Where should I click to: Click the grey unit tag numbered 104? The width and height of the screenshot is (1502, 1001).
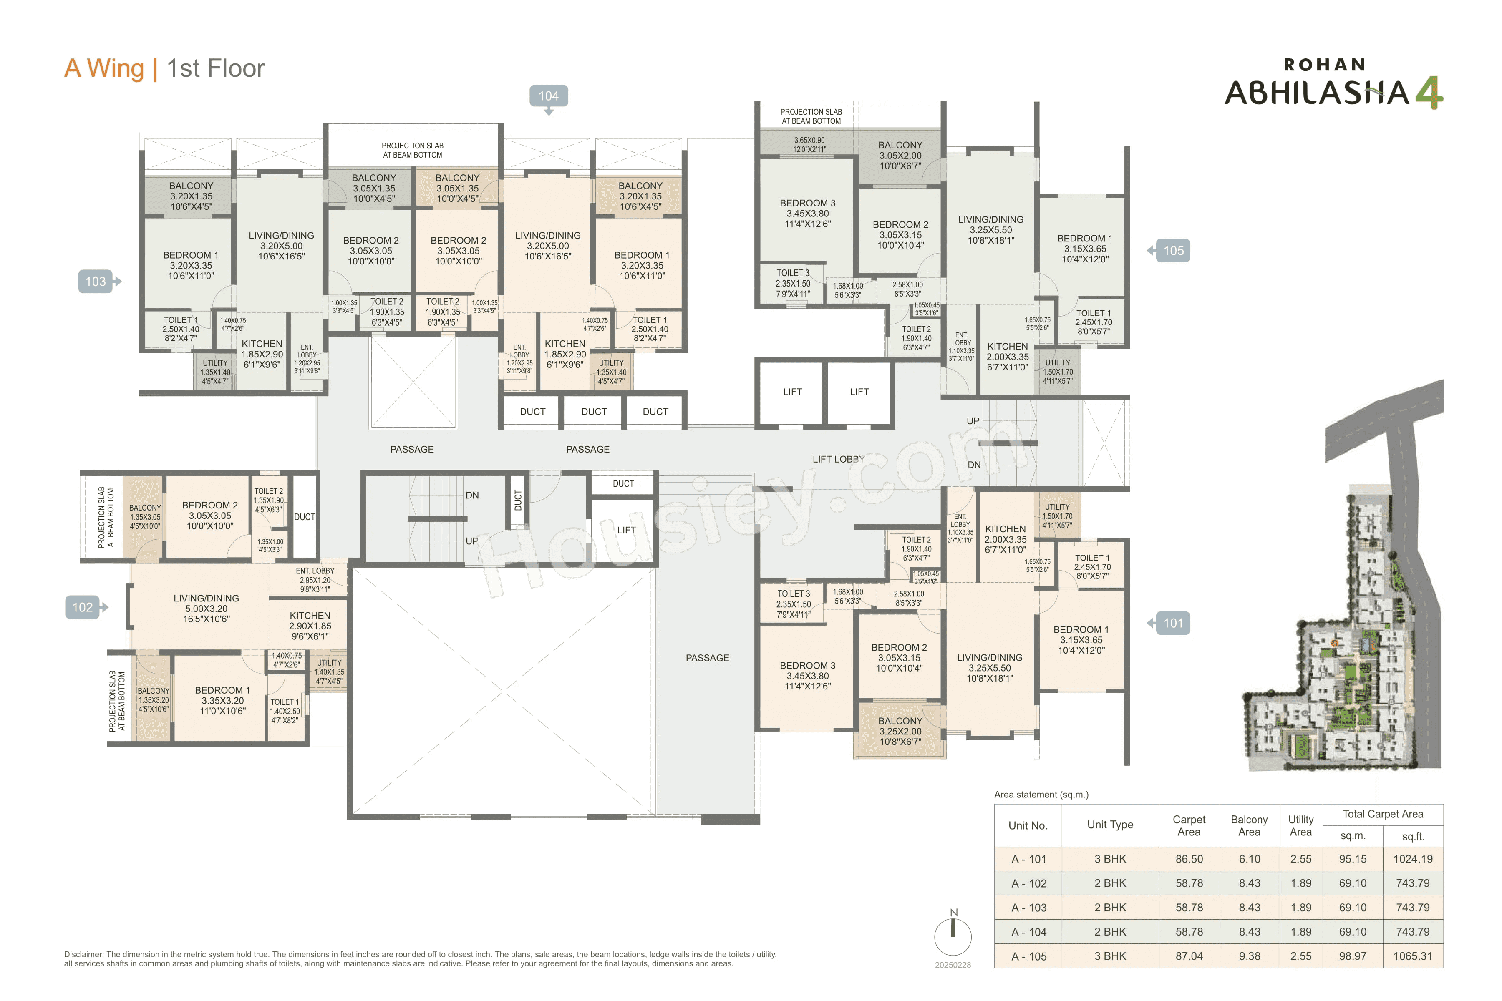tap(548, 96)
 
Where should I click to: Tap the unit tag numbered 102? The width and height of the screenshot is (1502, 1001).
tap(82, 607)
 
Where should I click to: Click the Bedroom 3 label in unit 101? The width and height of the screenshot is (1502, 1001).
tap(807, 675)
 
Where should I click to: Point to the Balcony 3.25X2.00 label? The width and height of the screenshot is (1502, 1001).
tap(900, 731)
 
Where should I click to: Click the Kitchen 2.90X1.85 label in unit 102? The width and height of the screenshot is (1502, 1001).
tap(310, 626)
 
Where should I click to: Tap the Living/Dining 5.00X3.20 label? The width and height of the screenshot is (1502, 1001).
tap(206, 609)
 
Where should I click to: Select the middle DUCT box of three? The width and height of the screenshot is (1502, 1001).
tap(594, 412)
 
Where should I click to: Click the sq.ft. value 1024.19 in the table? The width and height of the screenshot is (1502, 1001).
tap(1413, 859)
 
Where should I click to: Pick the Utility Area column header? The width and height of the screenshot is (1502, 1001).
tap(1300, 825)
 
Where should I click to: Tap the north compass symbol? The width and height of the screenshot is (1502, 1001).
tap(953, 935)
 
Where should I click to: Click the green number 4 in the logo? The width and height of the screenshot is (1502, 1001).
tap(1429, 93)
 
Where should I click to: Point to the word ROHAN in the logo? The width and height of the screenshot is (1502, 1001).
tap(1324, 65)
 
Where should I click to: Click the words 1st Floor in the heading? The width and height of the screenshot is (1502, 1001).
tap(216, 68)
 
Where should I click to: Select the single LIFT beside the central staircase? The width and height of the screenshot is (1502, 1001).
tap(626, 530)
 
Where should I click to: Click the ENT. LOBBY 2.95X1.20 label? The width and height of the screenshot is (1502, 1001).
tap(315, 580)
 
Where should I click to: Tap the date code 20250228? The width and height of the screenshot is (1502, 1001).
tap(952, 965)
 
